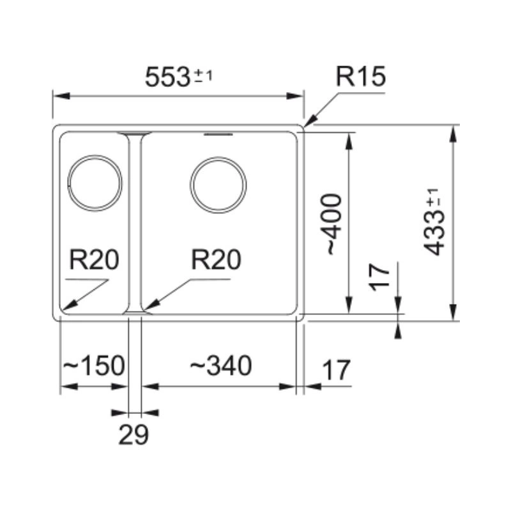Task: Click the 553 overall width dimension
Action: click(x=167, y=77)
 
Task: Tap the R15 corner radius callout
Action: click(x=361, y=77)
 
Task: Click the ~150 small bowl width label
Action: click(x=93, y=367)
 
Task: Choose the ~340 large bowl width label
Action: click(x=220, y=366)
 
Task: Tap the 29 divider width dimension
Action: click(x=133, y=435)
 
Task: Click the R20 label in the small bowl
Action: click(x=94, y=261)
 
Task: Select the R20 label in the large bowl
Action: click(x=216, y=261)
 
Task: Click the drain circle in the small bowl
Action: click(x=95, y=183)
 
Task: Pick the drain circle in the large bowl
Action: click(x=218, y=185)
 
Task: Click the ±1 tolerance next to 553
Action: click(x=203, y=77)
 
